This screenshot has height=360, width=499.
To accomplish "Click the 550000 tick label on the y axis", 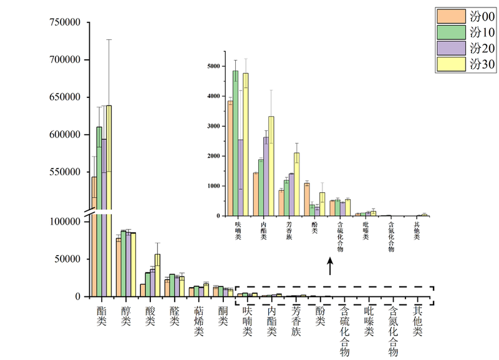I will pyautogui.click(x=65, y=172).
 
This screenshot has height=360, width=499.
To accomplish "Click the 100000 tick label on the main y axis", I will pyautogui.click(x=65, y=222).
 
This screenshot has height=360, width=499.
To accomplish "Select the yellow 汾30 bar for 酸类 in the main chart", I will pyautogui.click(x=157, y=275).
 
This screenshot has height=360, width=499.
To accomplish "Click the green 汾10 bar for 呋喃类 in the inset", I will pyautogui.click(x=235, y=144).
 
